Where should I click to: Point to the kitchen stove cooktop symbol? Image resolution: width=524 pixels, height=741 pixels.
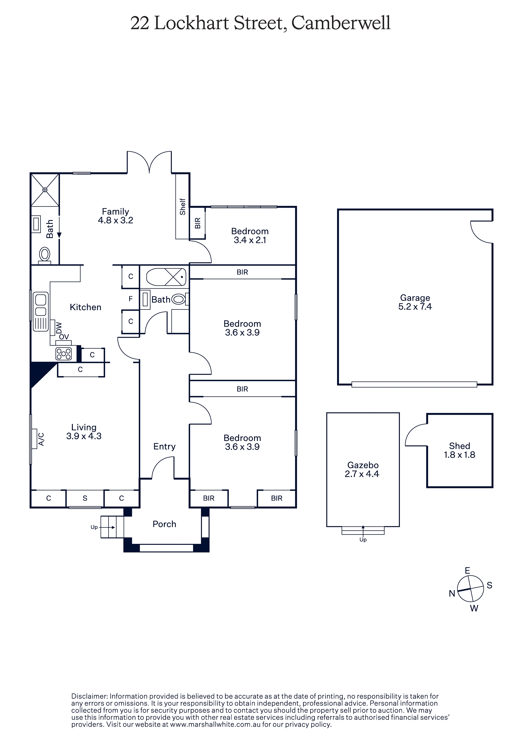(x=64, y=354)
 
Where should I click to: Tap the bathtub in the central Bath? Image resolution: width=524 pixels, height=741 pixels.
(x=166, y=277)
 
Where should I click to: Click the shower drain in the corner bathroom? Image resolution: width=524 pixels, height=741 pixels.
(x=45, y=190)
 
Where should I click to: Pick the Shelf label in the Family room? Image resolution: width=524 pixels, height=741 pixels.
(x=182, y=207)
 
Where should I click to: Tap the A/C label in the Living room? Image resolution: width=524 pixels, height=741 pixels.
(x=41, y=439)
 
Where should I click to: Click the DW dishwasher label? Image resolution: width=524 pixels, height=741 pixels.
(x=59, y=328)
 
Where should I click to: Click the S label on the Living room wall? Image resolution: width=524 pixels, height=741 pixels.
(x=85, y=498)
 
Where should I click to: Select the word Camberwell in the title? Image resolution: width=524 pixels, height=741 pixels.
(x=341, y=23)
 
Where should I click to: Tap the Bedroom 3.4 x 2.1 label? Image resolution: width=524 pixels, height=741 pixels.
(x=250, y=235)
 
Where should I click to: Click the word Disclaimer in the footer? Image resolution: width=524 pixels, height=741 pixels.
(x=89, y=696)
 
